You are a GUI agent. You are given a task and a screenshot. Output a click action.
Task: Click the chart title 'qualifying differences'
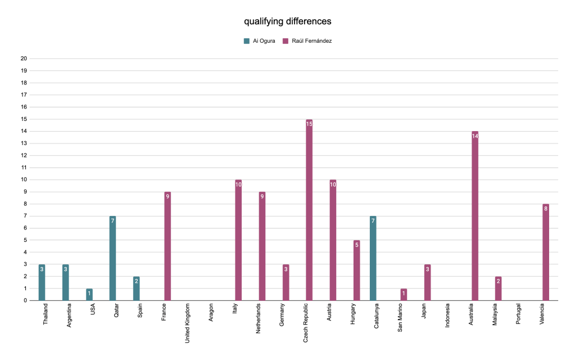click(287, 21)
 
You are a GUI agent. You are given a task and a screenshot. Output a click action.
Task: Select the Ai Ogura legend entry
click(259, 40)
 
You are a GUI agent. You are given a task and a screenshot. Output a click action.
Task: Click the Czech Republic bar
click(309, 210)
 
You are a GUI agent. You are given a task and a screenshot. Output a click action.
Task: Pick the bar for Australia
click(475, 216)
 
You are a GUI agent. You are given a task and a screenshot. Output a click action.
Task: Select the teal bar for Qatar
click(112, 258)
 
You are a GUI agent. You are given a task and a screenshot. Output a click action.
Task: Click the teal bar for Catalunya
click(373, 258)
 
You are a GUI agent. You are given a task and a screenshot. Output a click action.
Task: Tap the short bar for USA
click(89, 295)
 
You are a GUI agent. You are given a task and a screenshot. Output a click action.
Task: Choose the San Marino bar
click(404, 295)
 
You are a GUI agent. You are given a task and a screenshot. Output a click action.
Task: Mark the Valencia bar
click(546, 253)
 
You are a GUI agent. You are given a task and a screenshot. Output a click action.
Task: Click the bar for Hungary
click(356, 271)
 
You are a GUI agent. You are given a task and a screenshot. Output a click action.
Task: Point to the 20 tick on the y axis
click(24, 58)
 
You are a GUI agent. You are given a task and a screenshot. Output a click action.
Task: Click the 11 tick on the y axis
click(24, 168)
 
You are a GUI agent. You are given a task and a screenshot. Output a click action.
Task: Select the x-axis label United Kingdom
click(187, 323)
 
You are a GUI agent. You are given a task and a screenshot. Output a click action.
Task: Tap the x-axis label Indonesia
click(447, 317)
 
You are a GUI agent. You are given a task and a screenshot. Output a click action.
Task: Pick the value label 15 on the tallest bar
click(309, 124)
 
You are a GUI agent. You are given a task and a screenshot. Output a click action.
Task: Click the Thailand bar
click(42, 283)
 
